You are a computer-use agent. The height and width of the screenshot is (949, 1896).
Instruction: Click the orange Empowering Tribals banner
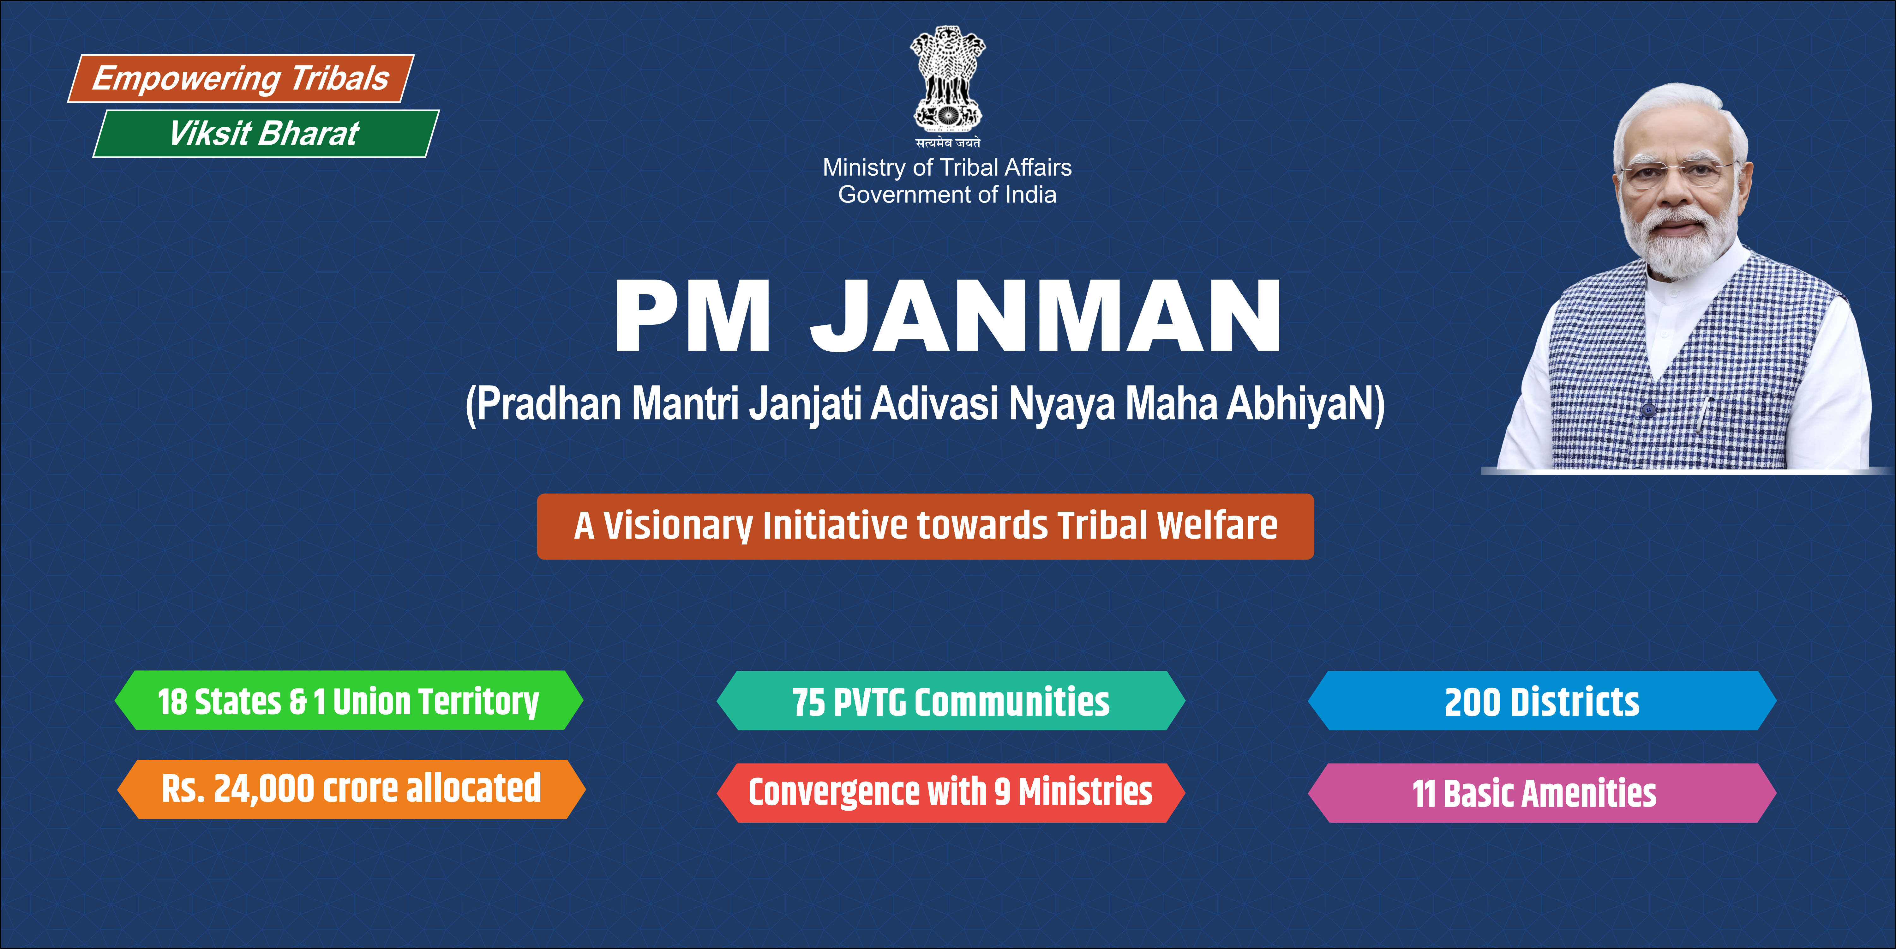241,78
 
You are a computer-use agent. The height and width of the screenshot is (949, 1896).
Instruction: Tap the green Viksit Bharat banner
266,133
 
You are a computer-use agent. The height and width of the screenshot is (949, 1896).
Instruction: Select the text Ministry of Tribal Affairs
947,168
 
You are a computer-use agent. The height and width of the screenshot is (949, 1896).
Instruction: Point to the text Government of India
947,195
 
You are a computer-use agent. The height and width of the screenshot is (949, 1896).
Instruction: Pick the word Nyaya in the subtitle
1062,405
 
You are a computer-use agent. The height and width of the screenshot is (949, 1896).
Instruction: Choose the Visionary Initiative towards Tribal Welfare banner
925,526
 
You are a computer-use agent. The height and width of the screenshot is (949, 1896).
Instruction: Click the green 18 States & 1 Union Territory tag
349,700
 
